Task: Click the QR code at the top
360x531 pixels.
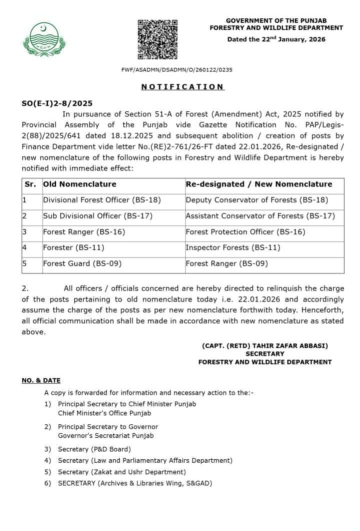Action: click(157, 39)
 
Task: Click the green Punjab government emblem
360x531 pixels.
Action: click(44, 39)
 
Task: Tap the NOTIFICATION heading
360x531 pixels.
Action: click(182, 86)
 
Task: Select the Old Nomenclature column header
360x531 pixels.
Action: click(79, 184)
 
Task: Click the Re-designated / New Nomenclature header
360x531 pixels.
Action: click(258, 184)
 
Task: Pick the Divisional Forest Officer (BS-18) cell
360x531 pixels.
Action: click(102, 200)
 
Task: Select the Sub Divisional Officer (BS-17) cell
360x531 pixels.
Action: click(97, 216)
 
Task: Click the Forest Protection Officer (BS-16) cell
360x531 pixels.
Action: click(245, 232)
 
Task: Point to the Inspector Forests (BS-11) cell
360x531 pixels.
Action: click(233, 247)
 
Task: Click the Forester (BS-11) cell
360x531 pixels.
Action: click(73, 247)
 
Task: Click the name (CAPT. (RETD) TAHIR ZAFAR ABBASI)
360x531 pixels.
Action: click(265, 345)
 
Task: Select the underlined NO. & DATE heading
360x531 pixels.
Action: click(40, 380)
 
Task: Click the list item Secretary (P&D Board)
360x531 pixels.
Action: click(94, 449)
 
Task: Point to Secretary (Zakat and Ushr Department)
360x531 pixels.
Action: click(121, 471)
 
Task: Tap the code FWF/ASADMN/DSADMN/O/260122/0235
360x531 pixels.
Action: click(176, 70)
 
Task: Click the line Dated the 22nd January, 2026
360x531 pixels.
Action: click(276, 39)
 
